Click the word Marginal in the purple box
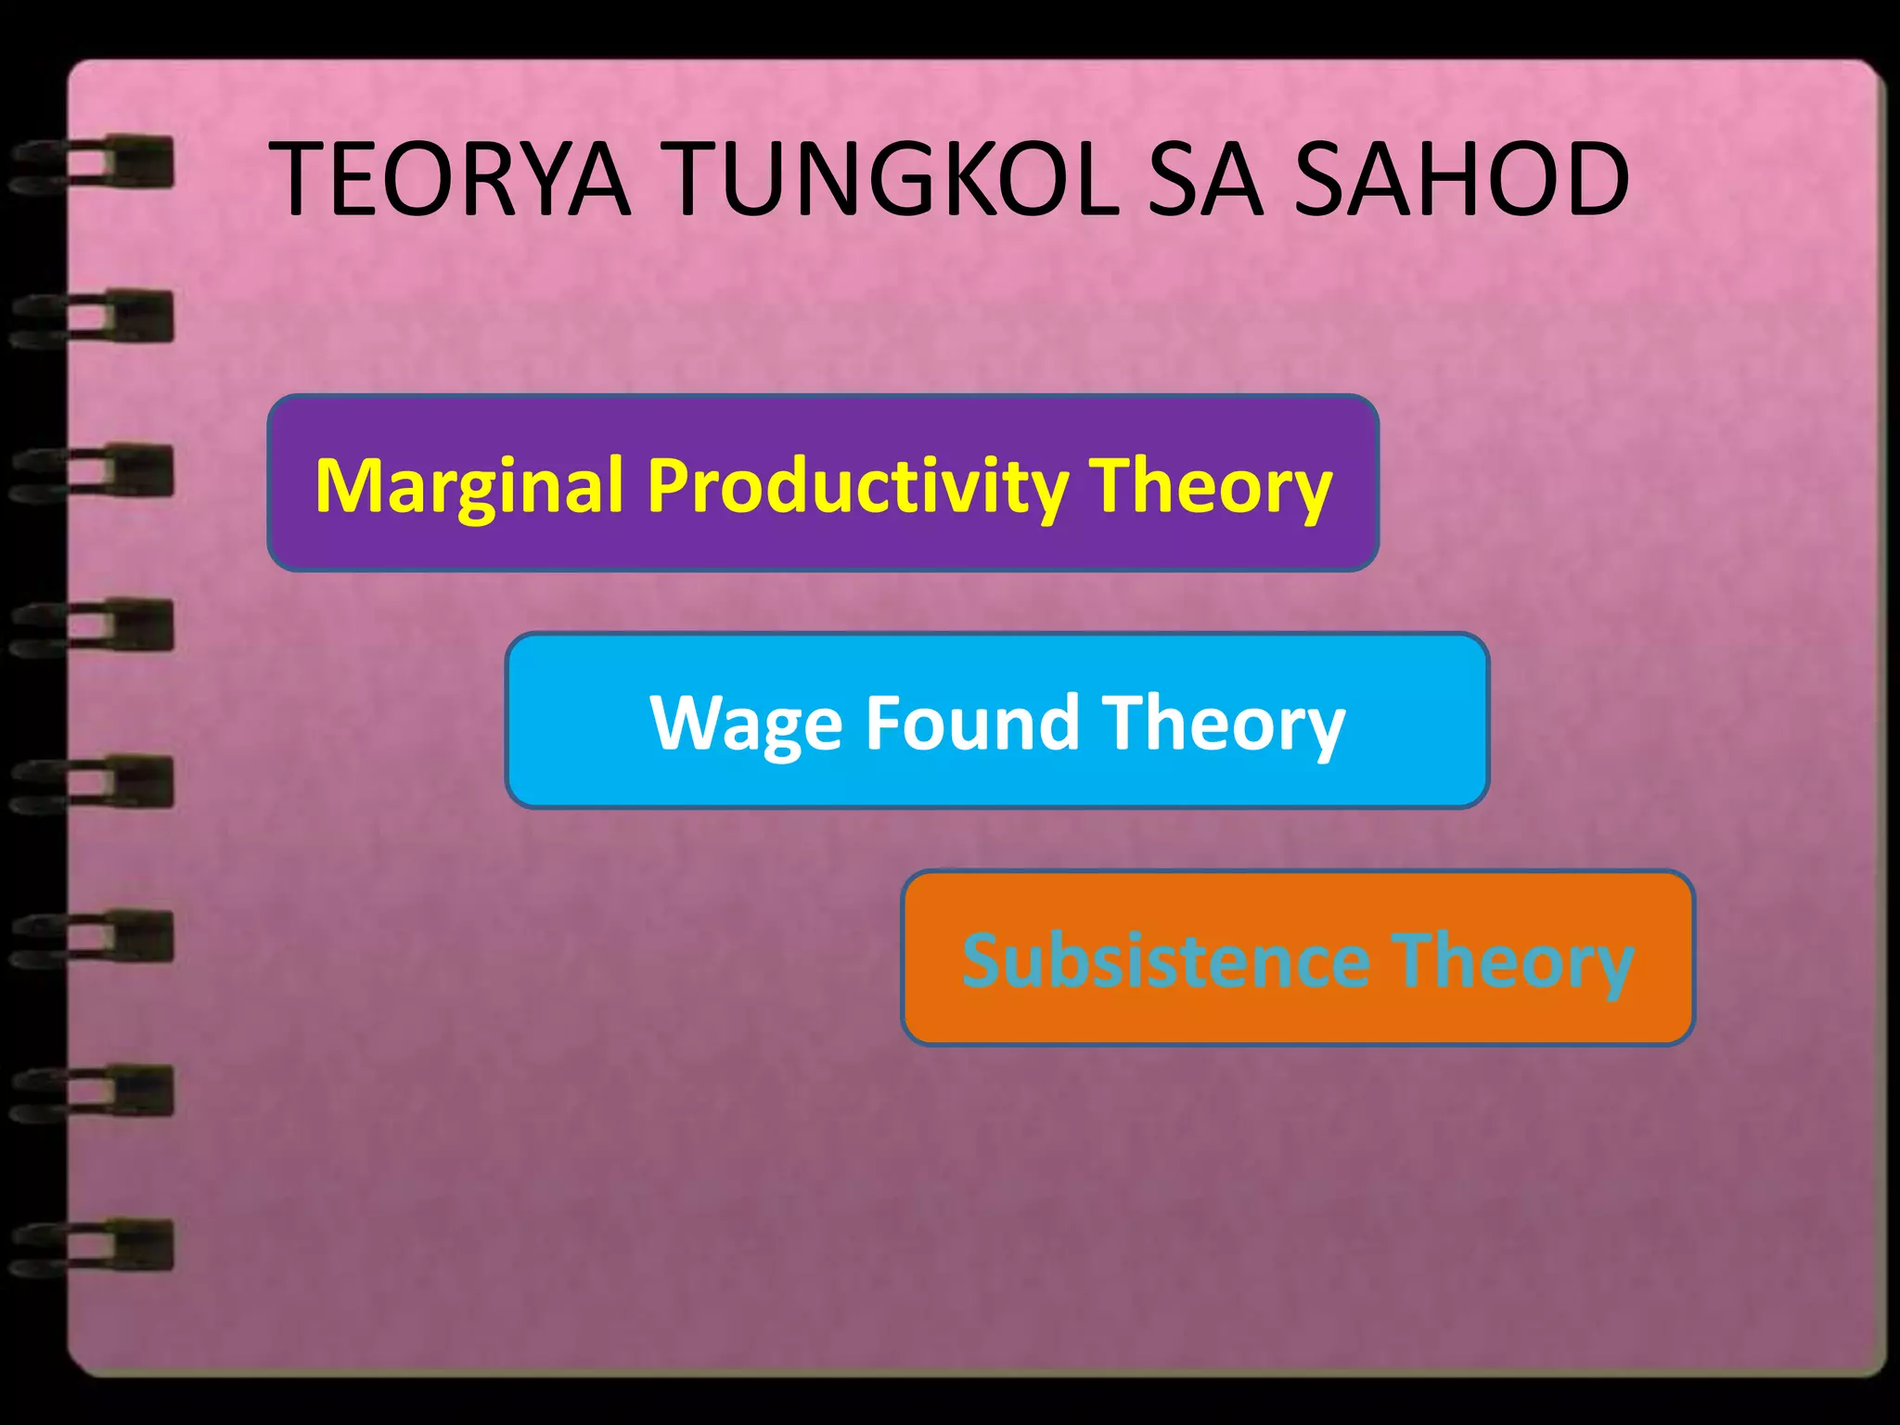(469, 486)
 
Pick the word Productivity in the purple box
(857, 486)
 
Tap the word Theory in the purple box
(1210, 486)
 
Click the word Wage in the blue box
(746, 724)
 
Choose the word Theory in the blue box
(1224, 724)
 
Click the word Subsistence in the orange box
(1165, 960)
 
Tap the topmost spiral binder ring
(93, 164)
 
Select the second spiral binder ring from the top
(93, 317)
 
